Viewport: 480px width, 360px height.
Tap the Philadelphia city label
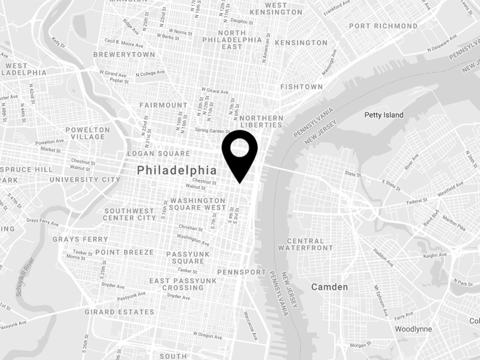point(177,170)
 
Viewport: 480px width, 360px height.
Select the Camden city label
point(330,287)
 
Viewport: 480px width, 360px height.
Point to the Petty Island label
point(384,115)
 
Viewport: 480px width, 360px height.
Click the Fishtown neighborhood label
point(301,87)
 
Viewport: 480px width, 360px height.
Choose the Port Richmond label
point(383,26)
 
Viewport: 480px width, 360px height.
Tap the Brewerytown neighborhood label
point(124,54)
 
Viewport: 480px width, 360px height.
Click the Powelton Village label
point(88,133)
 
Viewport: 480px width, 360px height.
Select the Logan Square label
point(158,154)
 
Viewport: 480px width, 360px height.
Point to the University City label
point(85,180)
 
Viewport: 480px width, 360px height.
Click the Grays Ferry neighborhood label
point(80,239)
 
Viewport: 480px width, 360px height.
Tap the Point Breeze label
point(124,252)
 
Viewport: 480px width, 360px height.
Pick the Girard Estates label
point(119,312)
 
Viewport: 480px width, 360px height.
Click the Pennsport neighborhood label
point(241,272)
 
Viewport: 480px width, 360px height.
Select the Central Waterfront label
point(306,244)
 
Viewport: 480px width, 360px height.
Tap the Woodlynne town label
point(413,329)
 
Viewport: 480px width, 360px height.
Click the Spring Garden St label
point(212,130)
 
